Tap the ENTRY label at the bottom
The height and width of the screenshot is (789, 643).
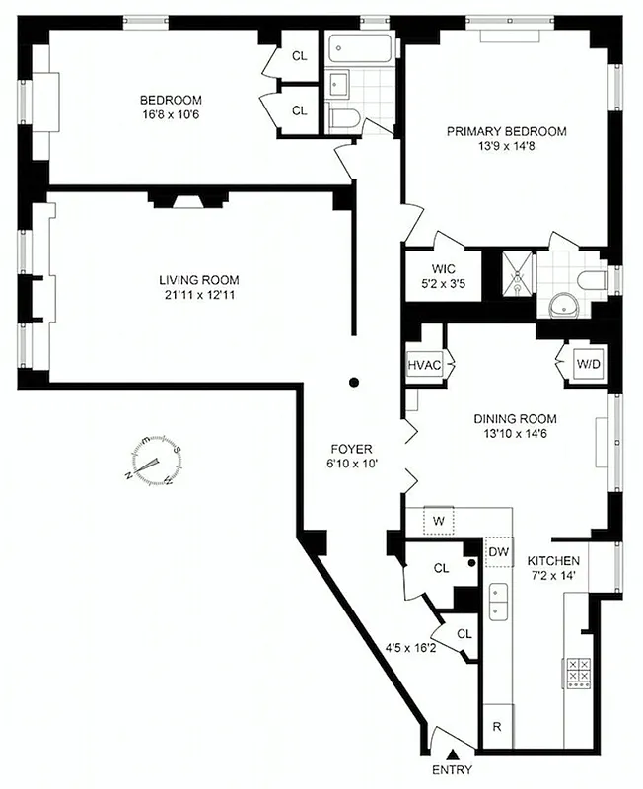451,770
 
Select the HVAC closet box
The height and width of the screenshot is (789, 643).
425,364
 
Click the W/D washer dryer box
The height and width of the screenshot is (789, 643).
588,364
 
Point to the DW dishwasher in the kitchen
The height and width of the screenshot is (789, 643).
498,552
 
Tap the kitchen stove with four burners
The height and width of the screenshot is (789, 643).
578,674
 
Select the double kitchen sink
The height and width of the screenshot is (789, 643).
498,599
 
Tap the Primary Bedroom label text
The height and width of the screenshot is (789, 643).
507,131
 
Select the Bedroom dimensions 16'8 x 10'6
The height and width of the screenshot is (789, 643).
171,114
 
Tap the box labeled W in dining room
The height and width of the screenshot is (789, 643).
437,520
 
